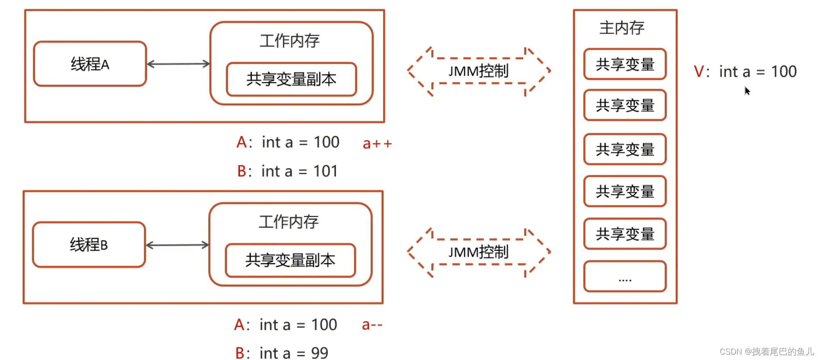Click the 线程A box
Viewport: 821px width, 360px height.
tap(90, 64)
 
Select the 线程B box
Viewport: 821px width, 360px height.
tap(89, 244)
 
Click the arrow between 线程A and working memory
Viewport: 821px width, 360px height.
tap(178, 64)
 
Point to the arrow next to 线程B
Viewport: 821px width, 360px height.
tap(177, 245)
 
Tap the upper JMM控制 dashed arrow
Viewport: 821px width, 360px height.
tap(479, 71)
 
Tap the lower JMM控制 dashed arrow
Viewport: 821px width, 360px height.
tap(479, 252)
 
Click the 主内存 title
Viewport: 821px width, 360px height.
tap(622, 28)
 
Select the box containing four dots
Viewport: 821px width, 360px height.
tap(625, 277)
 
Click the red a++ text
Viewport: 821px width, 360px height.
tap(377, 144)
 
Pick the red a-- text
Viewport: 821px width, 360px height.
tap(372, 325)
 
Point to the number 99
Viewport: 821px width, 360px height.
tap(319, 353)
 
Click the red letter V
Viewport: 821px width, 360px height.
tap(698, 71)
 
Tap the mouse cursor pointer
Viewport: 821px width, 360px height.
tap(747, 91)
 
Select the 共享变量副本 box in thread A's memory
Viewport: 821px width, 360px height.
tap(291, 79)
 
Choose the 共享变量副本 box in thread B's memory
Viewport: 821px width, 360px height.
tap(290, 261)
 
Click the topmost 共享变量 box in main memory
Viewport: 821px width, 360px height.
tap(625, 64)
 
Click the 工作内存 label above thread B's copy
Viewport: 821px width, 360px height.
tap(289, 222)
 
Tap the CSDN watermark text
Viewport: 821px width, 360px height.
tap(767, 352)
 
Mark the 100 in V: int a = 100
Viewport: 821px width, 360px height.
tap(784, 71)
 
